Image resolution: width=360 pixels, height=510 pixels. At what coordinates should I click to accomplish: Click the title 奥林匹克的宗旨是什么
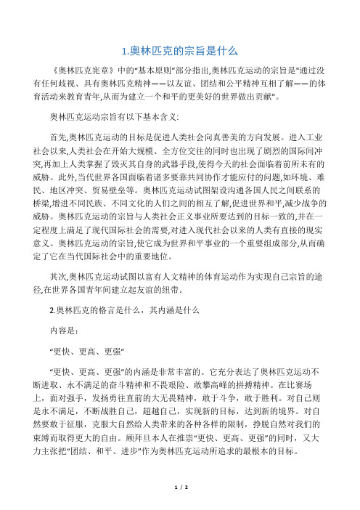click(x=180, y=52)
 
